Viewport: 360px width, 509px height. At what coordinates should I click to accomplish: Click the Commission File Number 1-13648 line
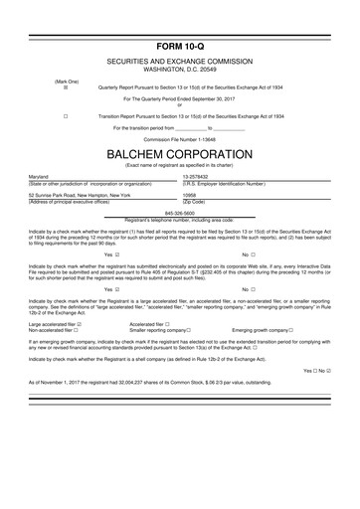[x=179, y=139]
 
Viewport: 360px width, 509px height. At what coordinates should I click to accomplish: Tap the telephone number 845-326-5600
[x=180, y=213]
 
